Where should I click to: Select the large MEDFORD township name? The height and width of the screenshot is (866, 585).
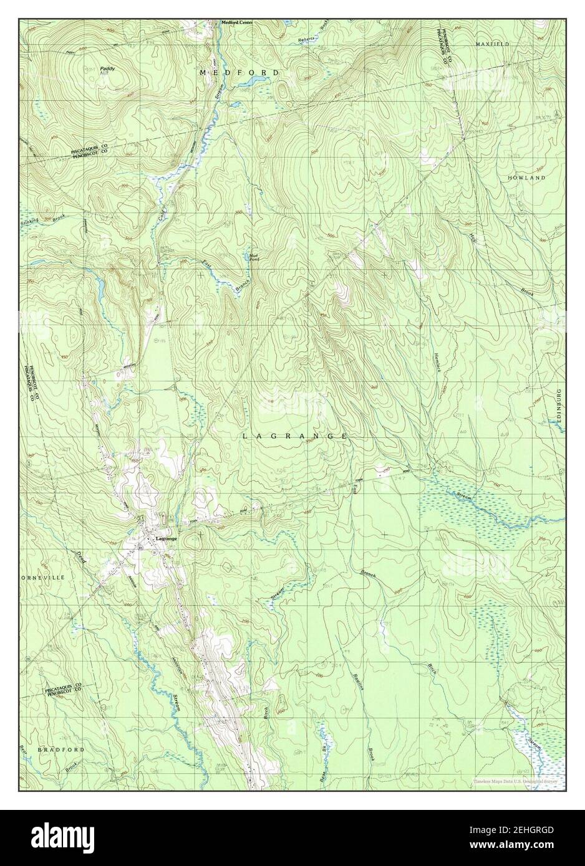pyautogui.click(x=239, y=73)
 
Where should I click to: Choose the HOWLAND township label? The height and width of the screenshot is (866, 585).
pyautogui.click(x=527, y=178)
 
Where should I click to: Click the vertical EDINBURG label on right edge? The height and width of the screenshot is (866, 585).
pyautogui.click(x=559, y=407)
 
